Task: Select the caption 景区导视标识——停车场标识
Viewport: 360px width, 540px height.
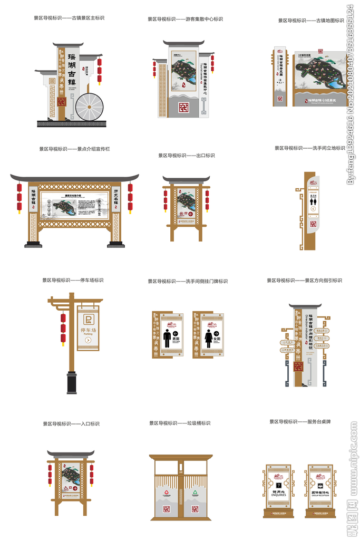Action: pyautogui.click(x=73, y=280)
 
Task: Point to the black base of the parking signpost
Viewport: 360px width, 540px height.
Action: pyautogui.click(x=71, y=383)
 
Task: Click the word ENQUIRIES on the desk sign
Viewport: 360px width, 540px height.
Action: pyautogui.click(x=278, y=496)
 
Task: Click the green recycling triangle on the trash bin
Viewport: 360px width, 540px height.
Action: pyautogui.click(x=194, y=493)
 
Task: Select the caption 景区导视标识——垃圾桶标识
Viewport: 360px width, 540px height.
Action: pyautogui.click(x=180, y=423)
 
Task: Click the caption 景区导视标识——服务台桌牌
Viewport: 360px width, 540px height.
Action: pyautogui.click(x=304, y=422)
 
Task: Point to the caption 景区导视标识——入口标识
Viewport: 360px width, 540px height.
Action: pyautogui.click(x=71, y=423)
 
